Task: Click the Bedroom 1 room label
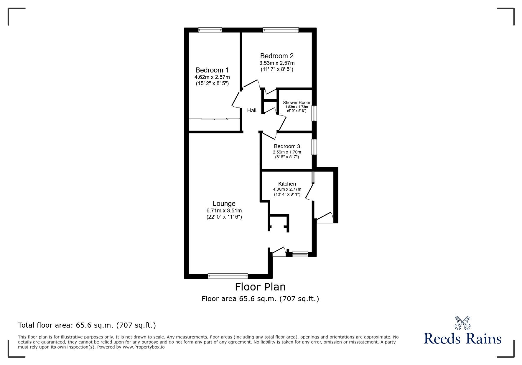point(212,70)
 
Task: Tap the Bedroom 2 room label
point(277,56)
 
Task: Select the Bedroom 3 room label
point(287,146)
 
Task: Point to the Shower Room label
point(296,103)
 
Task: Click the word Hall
point(251,110)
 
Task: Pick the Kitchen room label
point(287,184)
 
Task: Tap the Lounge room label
point(224,204)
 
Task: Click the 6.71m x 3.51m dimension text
point(224,211)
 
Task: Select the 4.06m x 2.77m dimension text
point(287,189)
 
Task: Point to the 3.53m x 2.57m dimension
point(277,63)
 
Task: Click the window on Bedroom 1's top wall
point(210,30)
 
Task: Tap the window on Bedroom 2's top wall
point(281,30)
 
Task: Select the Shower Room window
point(314,113)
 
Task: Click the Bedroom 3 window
point(314,147)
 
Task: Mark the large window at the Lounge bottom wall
point(228,276)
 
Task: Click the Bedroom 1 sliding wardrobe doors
point(214,119)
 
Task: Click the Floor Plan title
point(260,287)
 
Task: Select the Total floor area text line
point(87,325)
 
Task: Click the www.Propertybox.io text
point(144,347)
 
